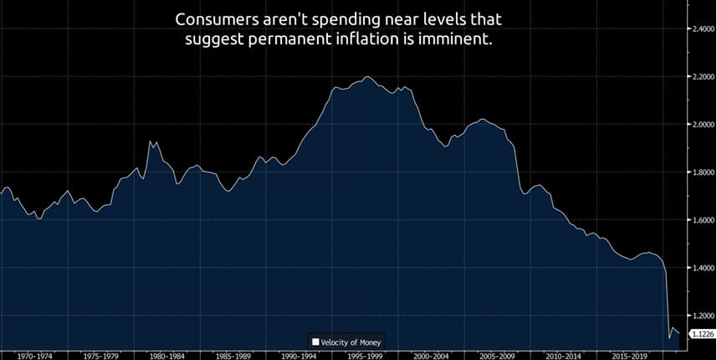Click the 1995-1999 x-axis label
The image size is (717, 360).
[x=366, y=355]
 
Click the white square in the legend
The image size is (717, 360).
[x=315, y=342]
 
